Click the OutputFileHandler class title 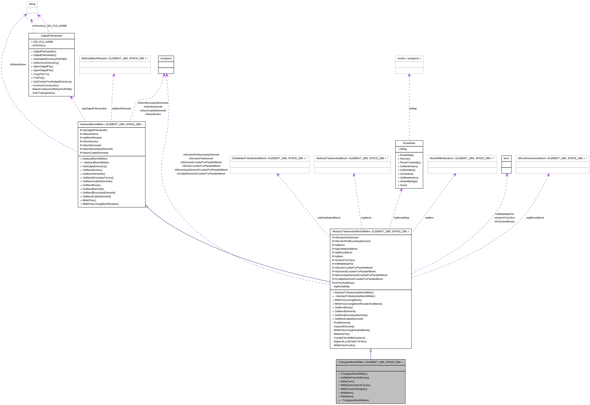[51, 36]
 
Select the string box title [32, 4]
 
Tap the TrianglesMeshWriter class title [370, 362]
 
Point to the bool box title [506, 158]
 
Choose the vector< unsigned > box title [409, 58]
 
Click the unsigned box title [166, 58]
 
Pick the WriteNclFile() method [342, 334]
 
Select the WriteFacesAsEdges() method [354, 389]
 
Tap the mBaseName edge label [18, 65]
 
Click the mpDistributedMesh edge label [329, 218]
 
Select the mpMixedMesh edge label [535, 218]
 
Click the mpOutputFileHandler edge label [94, 109]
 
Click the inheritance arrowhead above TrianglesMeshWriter [371, 350]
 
